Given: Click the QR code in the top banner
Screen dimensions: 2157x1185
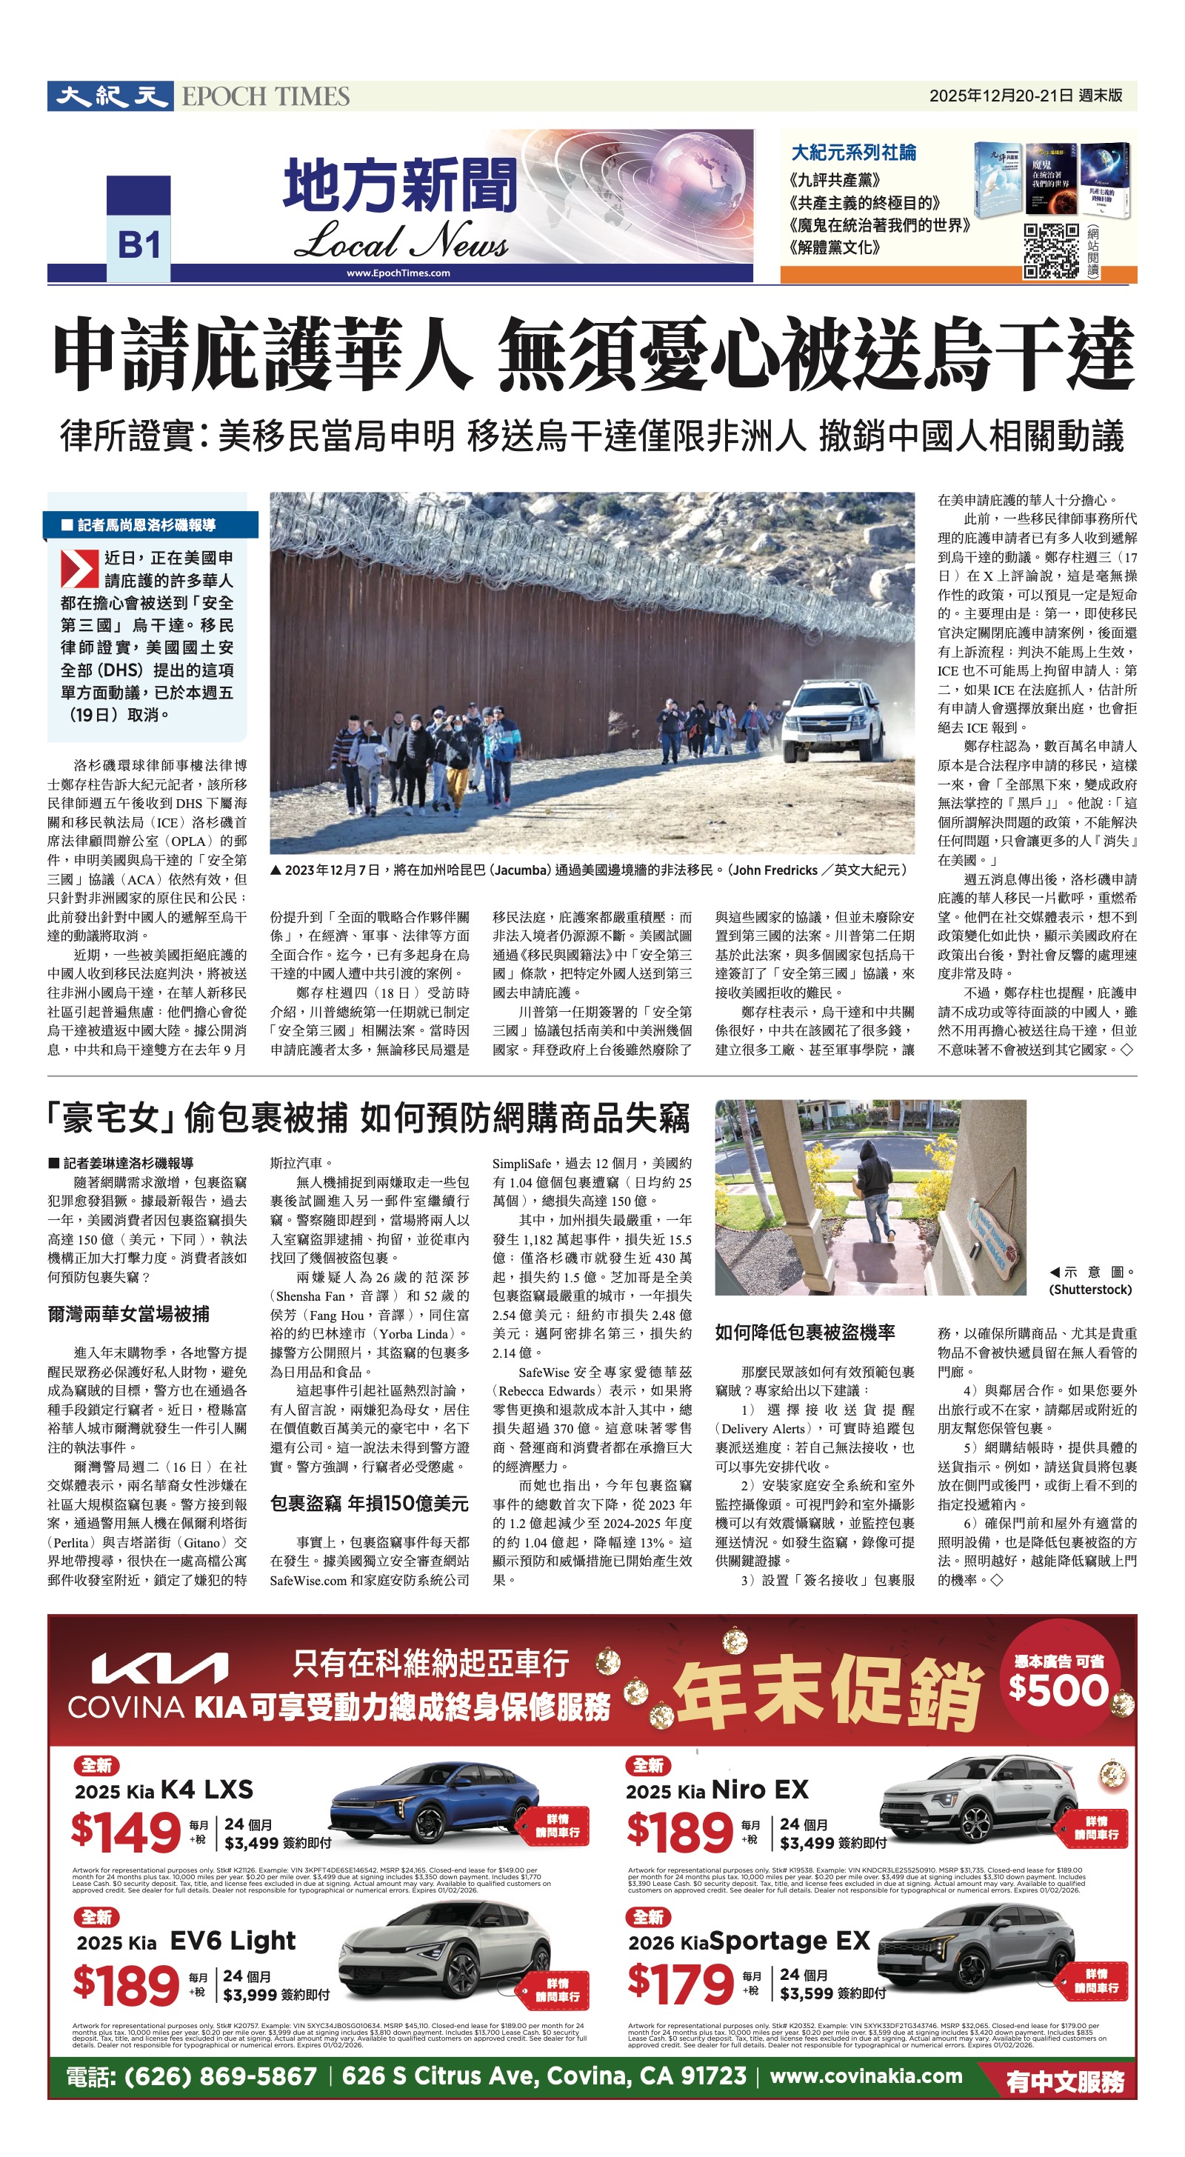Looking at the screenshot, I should [x=1051, y=250].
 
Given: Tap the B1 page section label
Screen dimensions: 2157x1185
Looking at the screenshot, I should [x=138, y=244].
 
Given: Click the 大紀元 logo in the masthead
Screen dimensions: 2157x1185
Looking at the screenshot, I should [x=110, y=96].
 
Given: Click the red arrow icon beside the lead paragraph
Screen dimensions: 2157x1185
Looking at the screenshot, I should [x=79, y=569].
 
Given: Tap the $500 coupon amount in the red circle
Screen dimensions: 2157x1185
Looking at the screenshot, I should [x=1057, y=1689].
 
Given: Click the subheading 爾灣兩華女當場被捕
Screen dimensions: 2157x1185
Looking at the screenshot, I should [x=128, y=1314].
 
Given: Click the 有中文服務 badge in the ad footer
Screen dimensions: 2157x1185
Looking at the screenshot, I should [x=1065, y=2081].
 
